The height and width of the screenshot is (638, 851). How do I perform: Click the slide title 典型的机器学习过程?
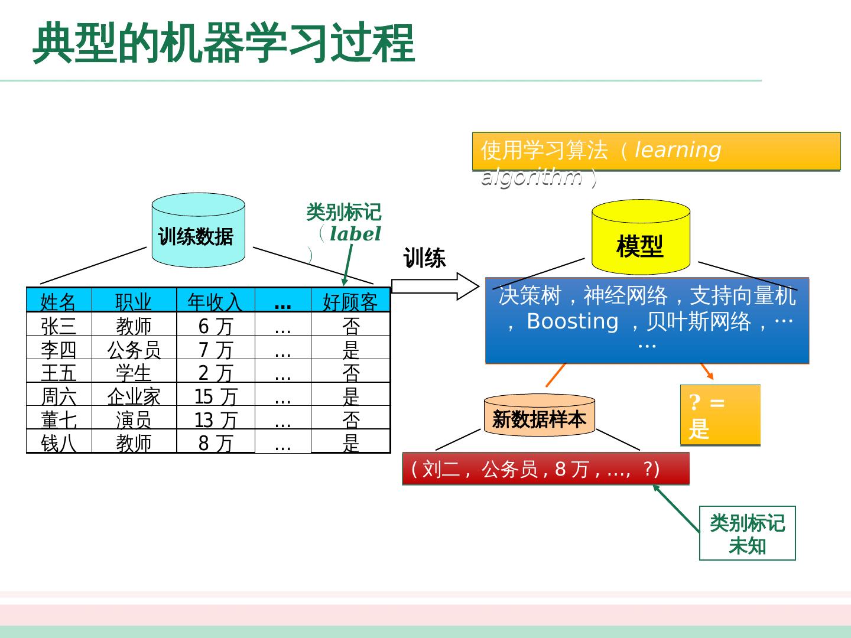(x=223, y=44)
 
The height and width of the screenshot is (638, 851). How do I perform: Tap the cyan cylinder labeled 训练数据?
(x=198, y=232)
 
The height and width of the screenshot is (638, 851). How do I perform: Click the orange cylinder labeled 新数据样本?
(x=539, y=416)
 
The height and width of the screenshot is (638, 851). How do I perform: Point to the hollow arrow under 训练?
(x=434, y=287)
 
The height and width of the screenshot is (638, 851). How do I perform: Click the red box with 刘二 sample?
(x=545, y=469)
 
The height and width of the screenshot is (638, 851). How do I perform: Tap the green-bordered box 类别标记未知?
(x=747, y=533)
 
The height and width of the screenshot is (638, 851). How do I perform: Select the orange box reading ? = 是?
(x=720, y=415)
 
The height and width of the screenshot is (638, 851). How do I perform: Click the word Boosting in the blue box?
(x=572, y=321)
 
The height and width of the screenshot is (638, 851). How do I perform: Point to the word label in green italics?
(x=355, y=234)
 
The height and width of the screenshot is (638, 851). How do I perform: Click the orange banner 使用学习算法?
(x=656, y=151)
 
